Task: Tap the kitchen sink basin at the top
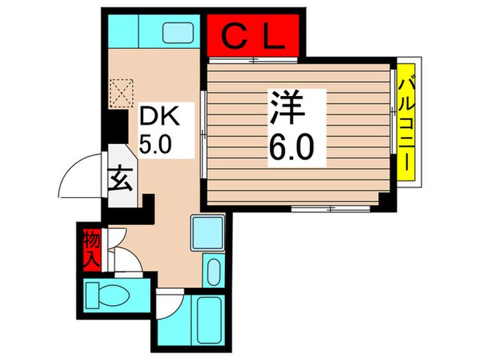178,33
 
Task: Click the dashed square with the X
121,92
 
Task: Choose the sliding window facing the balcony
394,127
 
